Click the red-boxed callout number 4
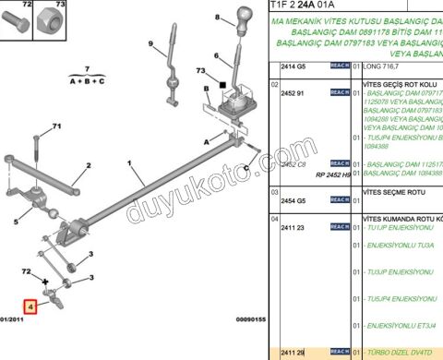click(x=30, y=306)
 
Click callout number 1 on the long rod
click(x=132, y=170)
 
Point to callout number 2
click(x=90, y=167)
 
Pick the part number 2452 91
click(x=293, y=93)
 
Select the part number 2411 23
click(x=293, y=227)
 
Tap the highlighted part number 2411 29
click(x=293, y=352)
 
